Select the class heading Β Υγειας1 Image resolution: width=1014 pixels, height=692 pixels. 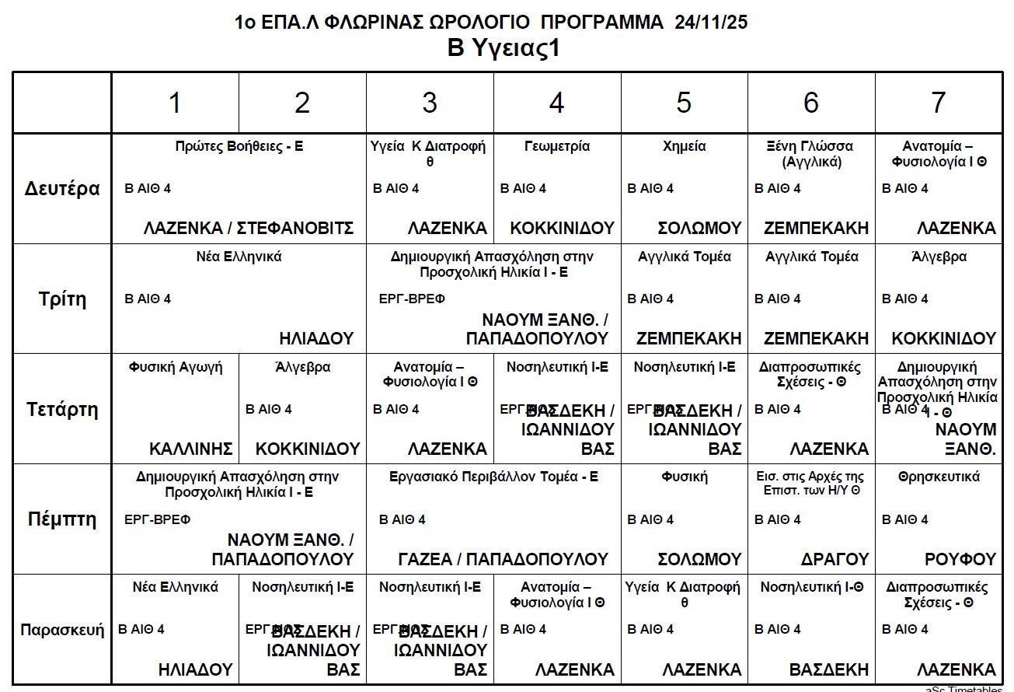(504, 48)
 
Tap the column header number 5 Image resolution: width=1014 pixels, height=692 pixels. (684, 103)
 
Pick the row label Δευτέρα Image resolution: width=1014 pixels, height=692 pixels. (62, 189)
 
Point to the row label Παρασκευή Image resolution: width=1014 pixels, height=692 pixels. (62, 630)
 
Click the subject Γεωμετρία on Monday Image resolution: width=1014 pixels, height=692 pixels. (557, 146)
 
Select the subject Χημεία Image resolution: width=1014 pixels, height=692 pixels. (684, 146)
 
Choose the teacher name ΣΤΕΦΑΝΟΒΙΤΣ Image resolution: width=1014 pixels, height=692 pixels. (295, 228)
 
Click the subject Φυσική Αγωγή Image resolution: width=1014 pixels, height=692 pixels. (176, 367)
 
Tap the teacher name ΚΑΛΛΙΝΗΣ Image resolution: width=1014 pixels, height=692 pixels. (191, 449)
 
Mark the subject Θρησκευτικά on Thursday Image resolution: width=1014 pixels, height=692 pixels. (939, 477)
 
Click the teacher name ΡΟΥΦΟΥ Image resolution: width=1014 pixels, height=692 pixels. (960, 559)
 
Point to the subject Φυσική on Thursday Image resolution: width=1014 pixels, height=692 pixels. (684, 477)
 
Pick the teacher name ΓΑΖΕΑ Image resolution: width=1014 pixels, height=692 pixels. (425, 559)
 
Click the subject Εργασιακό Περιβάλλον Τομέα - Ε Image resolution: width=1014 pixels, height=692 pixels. (493, 477)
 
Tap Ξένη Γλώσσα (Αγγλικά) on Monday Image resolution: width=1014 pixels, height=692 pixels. (810, 154)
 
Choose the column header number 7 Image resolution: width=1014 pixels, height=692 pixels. (939, 103)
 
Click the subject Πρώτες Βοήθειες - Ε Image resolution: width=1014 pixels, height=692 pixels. (239, 146)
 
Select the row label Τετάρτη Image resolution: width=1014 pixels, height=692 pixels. (62, 410)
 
